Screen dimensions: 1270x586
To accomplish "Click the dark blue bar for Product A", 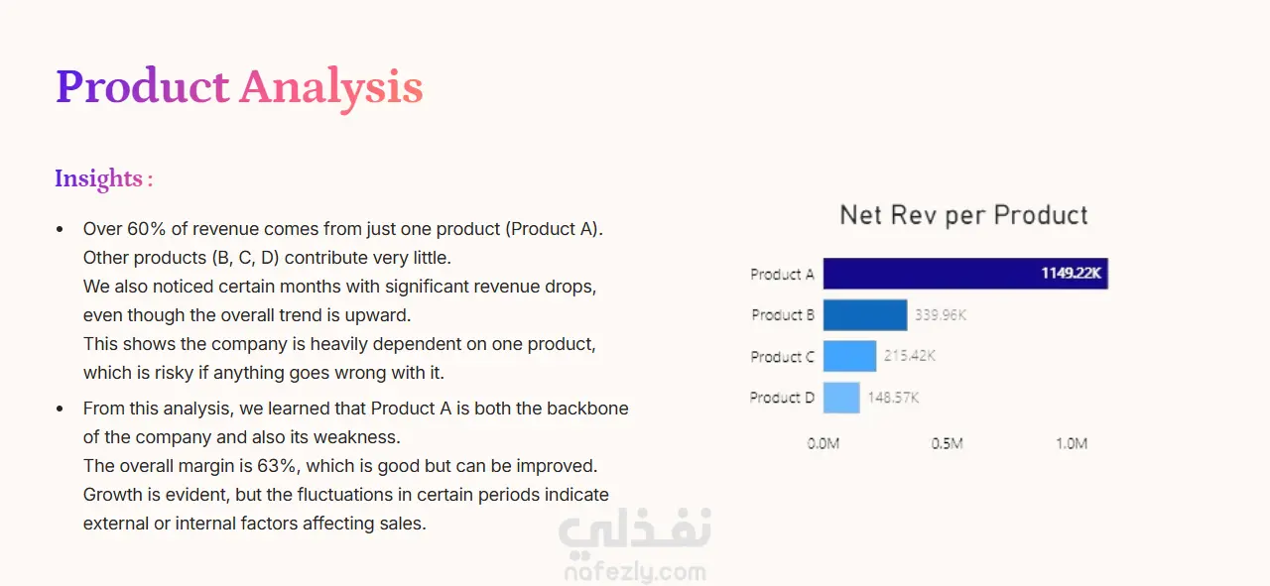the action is click(965, 274).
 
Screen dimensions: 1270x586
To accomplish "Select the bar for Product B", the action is click(865, 315).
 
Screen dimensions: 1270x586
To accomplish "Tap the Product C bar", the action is click(850, 356).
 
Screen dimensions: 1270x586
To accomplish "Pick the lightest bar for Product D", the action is click(841, 398).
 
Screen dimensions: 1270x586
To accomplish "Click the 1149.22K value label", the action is click(1071, 273).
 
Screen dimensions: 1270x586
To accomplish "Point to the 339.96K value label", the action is click(941, 315).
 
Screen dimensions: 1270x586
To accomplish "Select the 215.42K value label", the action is click(910, 356).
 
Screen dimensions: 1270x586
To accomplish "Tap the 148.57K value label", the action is click(893, 398).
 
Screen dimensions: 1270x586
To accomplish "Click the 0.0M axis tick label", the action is click(824, 443).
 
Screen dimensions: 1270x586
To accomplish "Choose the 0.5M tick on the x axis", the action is click(947, 443).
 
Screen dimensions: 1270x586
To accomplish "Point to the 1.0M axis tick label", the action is click(1072, 443).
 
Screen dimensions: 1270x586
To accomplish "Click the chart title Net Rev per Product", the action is click(963, 215).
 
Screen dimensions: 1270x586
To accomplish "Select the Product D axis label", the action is click(782, 398).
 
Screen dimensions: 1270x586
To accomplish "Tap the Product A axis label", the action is click(783, 275).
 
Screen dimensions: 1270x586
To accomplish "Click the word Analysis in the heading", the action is click(331, 88).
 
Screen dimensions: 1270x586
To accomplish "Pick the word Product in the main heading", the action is click(142, 86).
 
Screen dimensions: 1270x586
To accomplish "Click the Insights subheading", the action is click(104, 179).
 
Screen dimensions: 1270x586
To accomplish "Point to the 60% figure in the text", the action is click(146, 229).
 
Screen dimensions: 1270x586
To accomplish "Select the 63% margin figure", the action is click(277, 466).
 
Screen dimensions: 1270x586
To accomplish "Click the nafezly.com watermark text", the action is click(636, 572).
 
